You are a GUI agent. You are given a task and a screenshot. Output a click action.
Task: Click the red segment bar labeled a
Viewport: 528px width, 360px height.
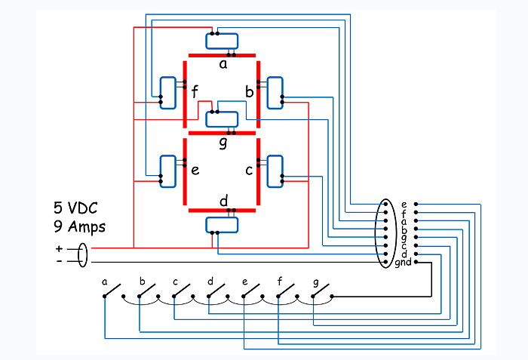click(222, 55)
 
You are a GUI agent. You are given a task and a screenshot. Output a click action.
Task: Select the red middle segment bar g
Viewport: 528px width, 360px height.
click(222, 133)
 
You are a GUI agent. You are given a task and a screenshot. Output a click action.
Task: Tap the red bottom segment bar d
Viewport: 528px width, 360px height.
click(222, 211)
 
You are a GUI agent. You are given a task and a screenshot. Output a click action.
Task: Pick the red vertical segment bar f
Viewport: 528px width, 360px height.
click(185, 94)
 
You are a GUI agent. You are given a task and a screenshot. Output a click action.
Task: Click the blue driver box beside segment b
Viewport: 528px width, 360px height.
click(275, 93)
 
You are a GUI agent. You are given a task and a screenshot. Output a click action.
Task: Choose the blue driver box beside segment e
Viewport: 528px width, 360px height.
click(167, 171)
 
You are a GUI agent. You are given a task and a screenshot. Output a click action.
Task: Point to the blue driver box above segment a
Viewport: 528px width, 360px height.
click(222, 41)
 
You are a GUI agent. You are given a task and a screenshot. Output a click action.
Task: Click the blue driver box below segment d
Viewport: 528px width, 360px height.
click(222, 225)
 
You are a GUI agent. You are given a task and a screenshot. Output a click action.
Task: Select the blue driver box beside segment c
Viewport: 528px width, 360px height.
click(275, 171)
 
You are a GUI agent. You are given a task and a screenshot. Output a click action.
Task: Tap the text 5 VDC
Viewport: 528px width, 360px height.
click(75, 208)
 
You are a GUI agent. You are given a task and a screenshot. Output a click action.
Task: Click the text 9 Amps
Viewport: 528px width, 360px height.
click(79, 226)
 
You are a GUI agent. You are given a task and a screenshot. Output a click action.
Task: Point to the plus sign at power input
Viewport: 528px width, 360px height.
click(60, 249)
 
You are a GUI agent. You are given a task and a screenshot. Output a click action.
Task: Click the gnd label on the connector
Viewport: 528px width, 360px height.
click(403, 262)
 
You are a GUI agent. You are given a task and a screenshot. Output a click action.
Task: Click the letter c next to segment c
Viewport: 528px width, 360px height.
click(249, 171)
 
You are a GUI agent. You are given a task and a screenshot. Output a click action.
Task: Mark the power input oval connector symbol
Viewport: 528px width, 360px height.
click(82, 255)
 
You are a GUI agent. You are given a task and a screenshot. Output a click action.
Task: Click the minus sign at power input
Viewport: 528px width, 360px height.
click(60, 261)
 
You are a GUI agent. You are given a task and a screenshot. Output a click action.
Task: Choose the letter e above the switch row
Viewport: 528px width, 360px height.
click(245, 282)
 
